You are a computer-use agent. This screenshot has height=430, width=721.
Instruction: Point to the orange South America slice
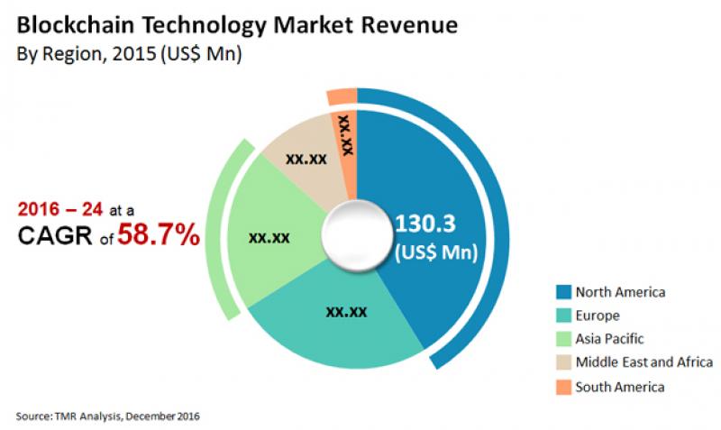346,135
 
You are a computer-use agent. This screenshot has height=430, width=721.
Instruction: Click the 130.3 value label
435,221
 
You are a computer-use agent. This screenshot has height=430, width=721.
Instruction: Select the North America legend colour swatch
563,292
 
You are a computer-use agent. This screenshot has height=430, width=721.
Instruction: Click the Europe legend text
598,316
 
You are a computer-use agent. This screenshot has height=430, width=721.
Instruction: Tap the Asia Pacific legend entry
610,339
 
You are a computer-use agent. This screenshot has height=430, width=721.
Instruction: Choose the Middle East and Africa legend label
643,362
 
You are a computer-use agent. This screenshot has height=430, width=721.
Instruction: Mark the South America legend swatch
563,387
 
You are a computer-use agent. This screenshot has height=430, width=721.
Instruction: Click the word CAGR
55,236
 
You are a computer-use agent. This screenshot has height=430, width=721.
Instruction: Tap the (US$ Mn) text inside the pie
437,252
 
